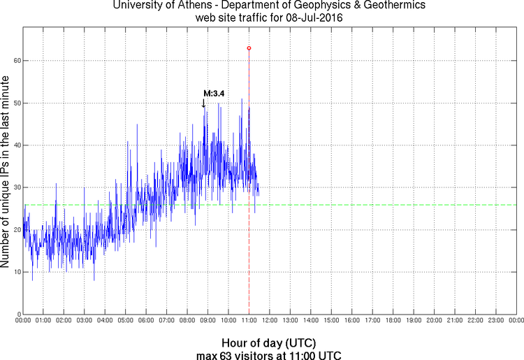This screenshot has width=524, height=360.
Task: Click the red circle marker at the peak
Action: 249,48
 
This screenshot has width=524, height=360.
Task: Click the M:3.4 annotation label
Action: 214,93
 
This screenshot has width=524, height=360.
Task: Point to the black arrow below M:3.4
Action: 203,103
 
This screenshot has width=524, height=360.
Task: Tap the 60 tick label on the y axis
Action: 15,61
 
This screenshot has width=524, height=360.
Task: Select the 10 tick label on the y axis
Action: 15,272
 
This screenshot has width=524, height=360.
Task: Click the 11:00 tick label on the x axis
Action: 249,320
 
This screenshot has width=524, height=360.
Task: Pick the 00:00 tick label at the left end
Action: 22,320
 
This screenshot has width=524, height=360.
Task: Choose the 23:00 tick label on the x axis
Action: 495,320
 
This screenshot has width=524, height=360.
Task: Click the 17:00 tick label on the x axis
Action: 372,320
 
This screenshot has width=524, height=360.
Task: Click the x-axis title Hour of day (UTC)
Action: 268,343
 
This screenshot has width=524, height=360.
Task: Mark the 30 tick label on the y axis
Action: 15,187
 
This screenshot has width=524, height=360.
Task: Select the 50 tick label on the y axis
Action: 15,103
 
